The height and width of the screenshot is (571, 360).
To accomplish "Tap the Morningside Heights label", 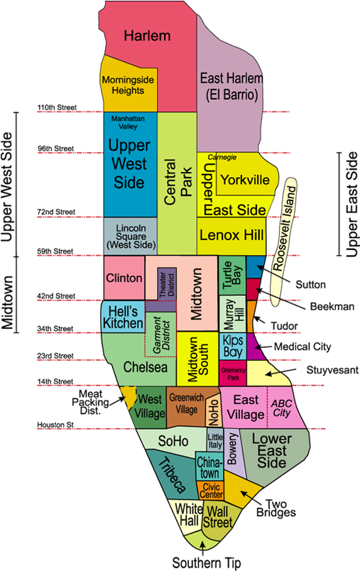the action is tap(129, 86).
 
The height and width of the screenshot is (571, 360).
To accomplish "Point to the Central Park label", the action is tap(176, 177).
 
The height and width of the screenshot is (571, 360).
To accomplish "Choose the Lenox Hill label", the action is tap(231, 234).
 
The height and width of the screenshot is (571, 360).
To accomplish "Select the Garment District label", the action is tap(165, 332).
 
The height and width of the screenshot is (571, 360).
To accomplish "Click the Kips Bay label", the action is tap(236, 346).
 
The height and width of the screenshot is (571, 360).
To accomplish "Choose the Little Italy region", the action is tap(214, 440).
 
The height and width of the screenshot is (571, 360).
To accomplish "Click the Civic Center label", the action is tap(211, 490).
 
